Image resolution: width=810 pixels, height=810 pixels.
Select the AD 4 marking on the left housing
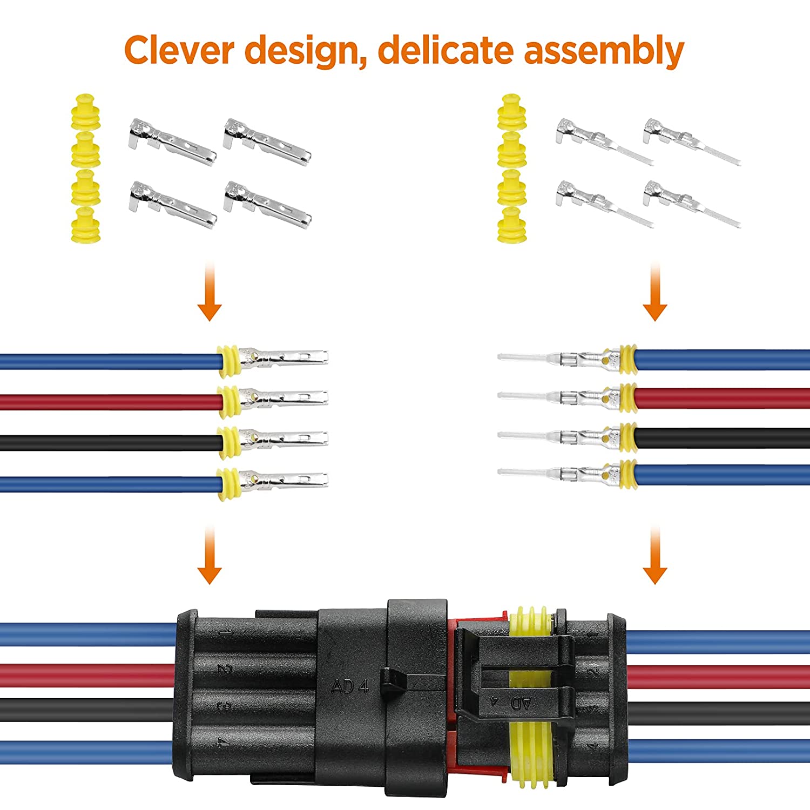(350, 686)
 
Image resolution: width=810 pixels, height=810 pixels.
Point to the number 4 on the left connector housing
(221, 742)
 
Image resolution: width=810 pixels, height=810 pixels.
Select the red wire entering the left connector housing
(86, 675)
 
